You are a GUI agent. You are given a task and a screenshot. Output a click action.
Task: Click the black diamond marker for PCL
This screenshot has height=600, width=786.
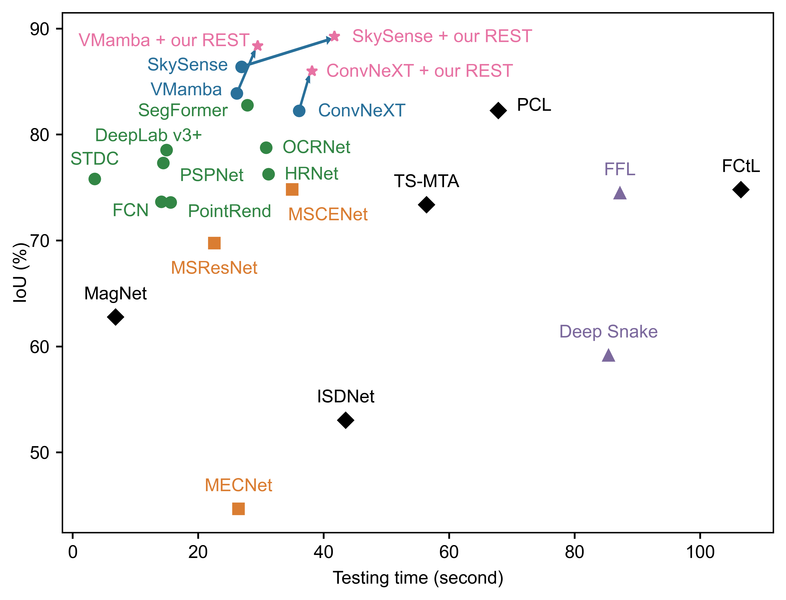(498, 110)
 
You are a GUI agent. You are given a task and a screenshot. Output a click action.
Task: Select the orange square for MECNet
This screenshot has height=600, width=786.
(238, 509)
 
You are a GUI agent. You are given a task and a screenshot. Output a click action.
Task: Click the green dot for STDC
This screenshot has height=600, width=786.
(95, 179)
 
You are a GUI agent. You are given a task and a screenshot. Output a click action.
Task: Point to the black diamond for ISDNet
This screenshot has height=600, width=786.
(345, 420)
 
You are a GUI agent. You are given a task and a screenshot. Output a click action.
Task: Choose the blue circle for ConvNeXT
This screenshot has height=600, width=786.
(299, 111)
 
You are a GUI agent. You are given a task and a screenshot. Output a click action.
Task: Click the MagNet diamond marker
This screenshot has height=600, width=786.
(115, 317)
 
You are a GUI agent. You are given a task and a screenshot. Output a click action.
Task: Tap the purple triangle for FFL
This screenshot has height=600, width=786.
(620, 193)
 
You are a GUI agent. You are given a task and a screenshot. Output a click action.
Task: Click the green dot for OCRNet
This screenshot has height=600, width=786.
(266, 147)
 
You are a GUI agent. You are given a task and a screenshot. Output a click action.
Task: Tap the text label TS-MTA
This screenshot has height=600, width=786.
(426, 181)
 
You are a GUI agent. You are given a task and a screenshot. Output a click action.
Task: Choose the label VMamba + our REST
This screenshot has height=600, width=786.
(164, 40)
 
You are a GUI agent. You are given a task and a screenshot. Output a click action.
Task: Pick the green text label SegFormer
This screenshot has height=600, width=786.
(183, 110)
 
